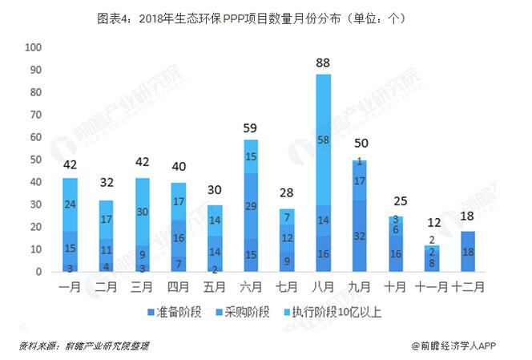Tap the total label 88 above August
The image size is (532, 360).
pyautogui.click(x=323, y=61)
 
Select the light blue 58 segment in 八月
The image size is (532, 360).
pyautogui.click(x=323, y=140)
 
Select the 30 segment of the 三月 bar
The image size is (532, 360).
pyautogui.click(x=142, y=212)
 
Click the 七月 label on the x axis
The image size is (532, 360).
pyautogui.click(x=286, y=285)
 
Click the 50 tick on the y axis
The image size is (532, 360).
pyautogui.click(x=35, y=160)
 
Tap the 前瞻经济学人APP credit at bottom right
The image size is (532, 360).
pyautogui.click(x=465, y=346)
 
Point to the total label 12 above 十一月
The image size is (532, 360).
pyautogui.click(x=433, y=223)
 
